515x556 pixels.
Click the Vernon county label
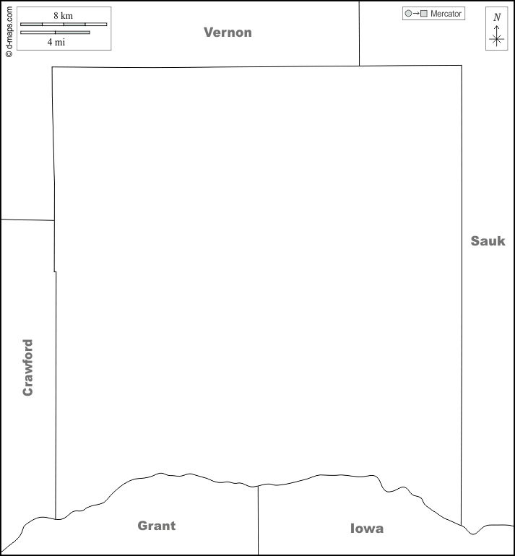pos(228,32)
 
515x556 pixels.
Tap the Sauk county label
pos(488,240)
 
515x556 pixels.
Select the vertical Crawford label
pos(27,368)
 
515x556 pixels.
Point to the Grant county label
pos(157,526)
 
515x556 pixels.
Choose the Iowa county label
pos(367,529)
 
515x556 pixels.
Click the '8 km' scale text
pos(63,16)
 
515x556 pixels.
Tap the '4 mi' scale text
pos(56,42)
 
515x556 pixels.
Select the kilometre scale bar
pos(64,24)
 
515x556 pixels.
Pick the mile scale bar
pos(55,32)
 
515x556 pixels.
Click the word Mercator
pos(446,14)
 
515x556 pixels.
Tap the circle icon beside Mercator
pos(408,14)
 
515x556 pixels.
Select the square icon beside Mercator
pos(424,14)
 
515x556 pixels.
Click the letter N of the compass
pos(497,17)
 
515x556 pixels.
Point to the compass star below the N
pos(496,39)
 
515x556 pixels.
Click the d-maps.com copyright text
pos(9,32)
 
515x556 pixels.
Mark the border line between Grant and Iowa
pos(258,520)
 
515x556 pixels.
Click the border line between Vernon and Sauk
pos(359,34)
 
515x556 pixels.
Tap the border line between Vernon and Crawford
pos(27,220)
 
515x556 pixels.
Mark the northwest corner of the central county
pos(52,67)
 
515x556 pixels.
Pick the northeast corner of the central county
pos(462,66)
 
